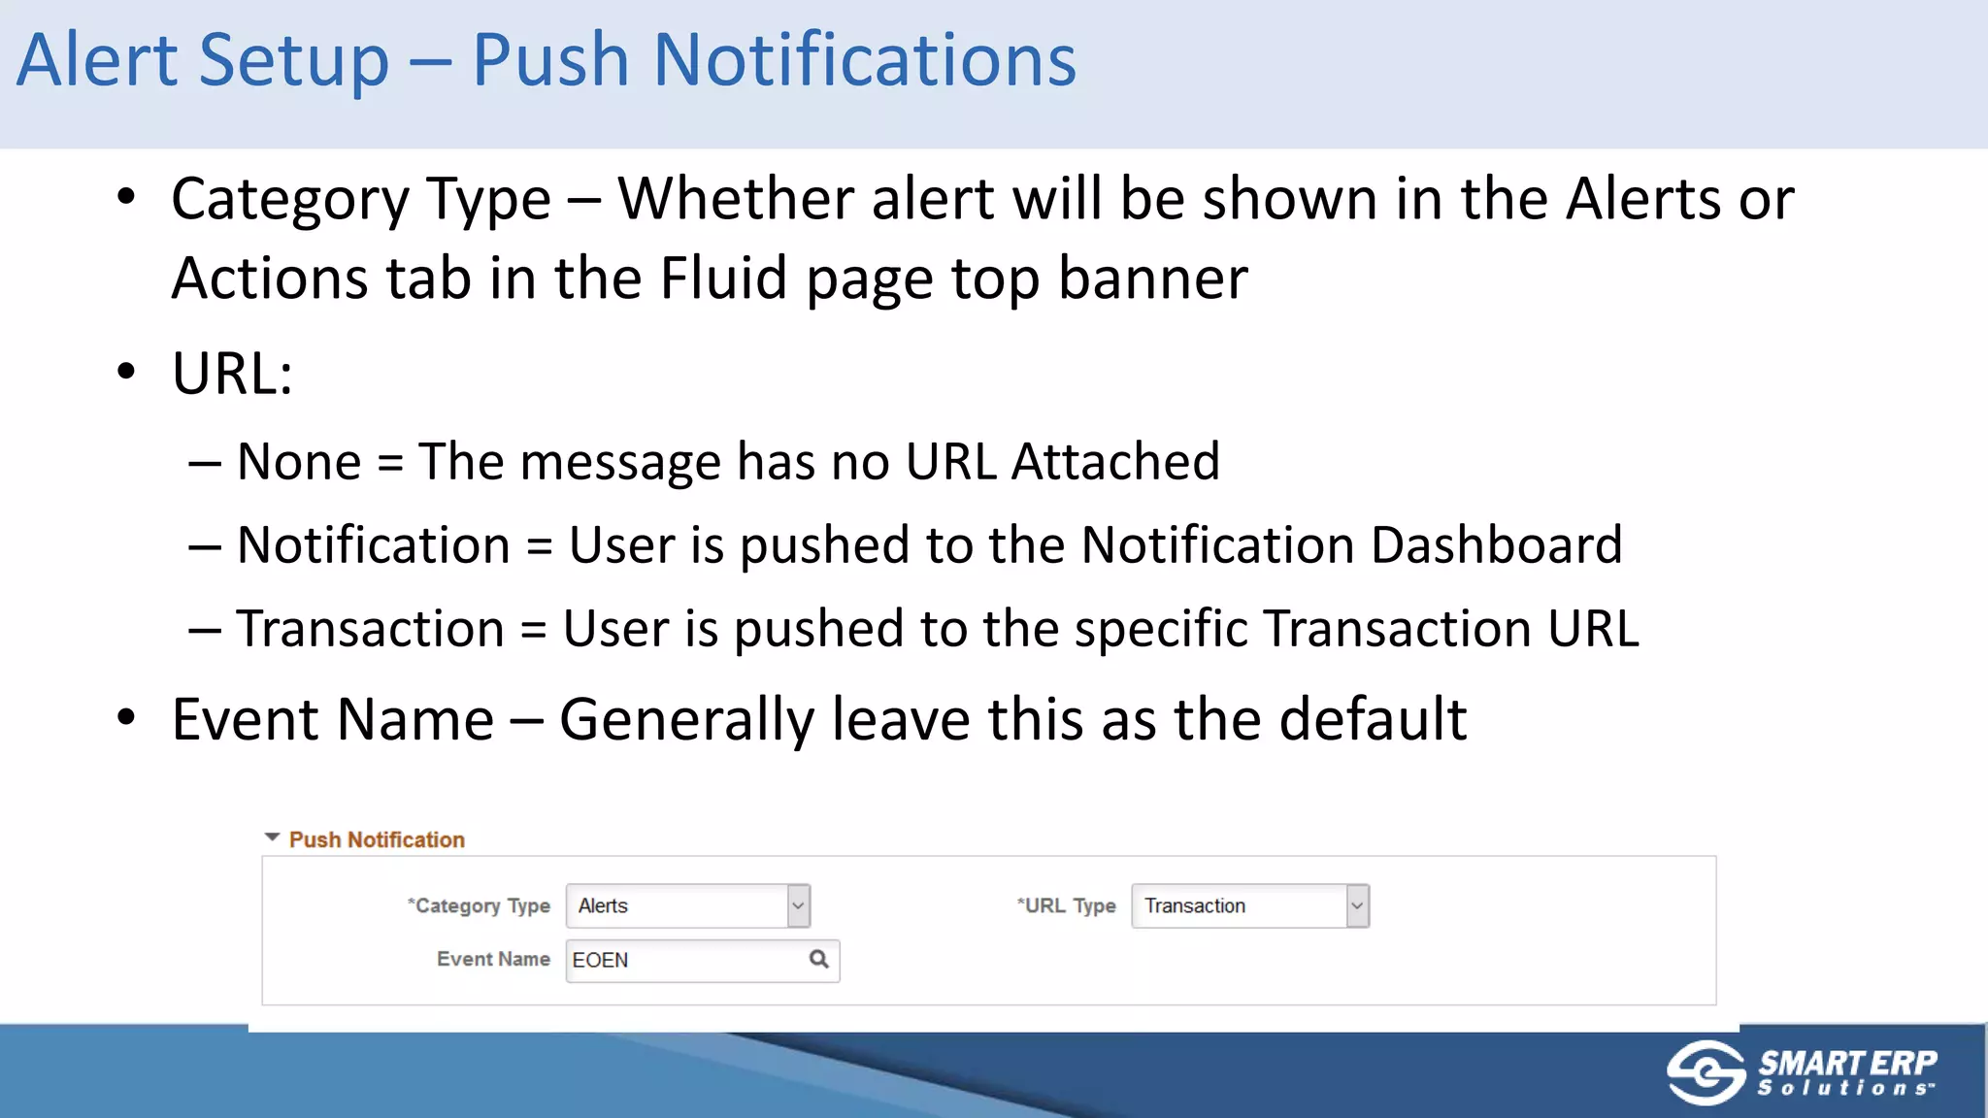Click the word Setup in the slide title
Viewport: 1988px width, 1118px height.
click(293, 60)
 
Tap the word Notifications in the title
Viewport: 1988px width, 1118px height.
click(864, 60)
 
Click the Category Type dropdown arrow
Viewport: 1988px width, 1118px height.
click(798, 906)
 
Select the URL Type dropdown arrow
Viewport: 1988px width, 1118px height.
click(1357, 906)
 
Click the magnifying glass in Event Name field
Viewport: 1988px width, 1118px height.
click(819, 959)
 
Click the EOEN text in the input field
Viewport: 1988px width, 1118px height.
click(600, 960)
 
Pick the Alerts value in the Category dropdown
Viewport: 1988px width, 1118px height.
click(604, 905)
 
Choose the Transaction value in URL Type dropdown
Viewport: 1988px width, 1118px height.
click(1194, 905)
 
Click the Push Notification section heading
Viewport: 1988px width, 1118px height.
click(377, 839)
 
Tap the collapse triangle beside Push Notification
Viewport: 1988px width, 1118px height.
click(272, 838)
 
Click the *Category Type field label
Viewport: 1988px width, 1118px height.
click(479, 905)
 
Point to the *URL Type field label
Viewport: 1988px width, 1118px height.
click(1066, 905)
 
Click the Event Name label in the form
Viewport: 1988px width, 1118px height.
click(493, 959)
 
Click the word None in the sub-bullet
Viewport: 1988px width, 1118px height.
click(299, 461)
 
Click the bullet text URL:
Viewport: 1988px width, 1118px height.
click(232, 374)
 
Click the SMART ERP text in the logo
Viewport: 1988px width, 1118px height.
click(1847, 1063)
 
